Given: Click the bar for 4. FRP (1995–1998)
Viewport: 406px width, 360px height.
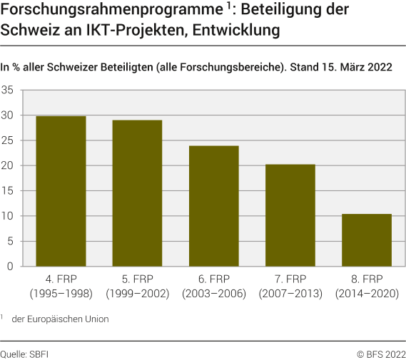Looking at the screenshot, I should (x=61, y=191).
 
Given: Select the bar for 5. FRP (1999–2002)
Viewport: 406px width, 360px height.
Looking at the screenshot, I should (x=137, y=193).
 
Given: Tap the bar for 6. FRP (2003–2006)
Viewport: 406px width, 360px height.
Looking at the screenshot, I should (x=214, y=206).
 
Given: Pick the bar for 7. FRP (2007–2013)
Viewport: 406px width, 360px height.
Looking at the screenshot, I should (x=290, y=215).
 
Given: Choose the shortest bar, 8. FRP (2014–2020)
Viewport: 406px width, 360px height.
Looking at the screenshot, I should (x=367, y=240).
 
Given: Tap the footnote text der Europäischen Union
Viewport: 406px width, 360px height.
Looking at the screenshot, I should (x=61, y=319).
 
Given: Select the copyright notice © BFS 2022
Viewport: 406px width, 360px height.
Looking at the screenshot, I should (x=381, y=352).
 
